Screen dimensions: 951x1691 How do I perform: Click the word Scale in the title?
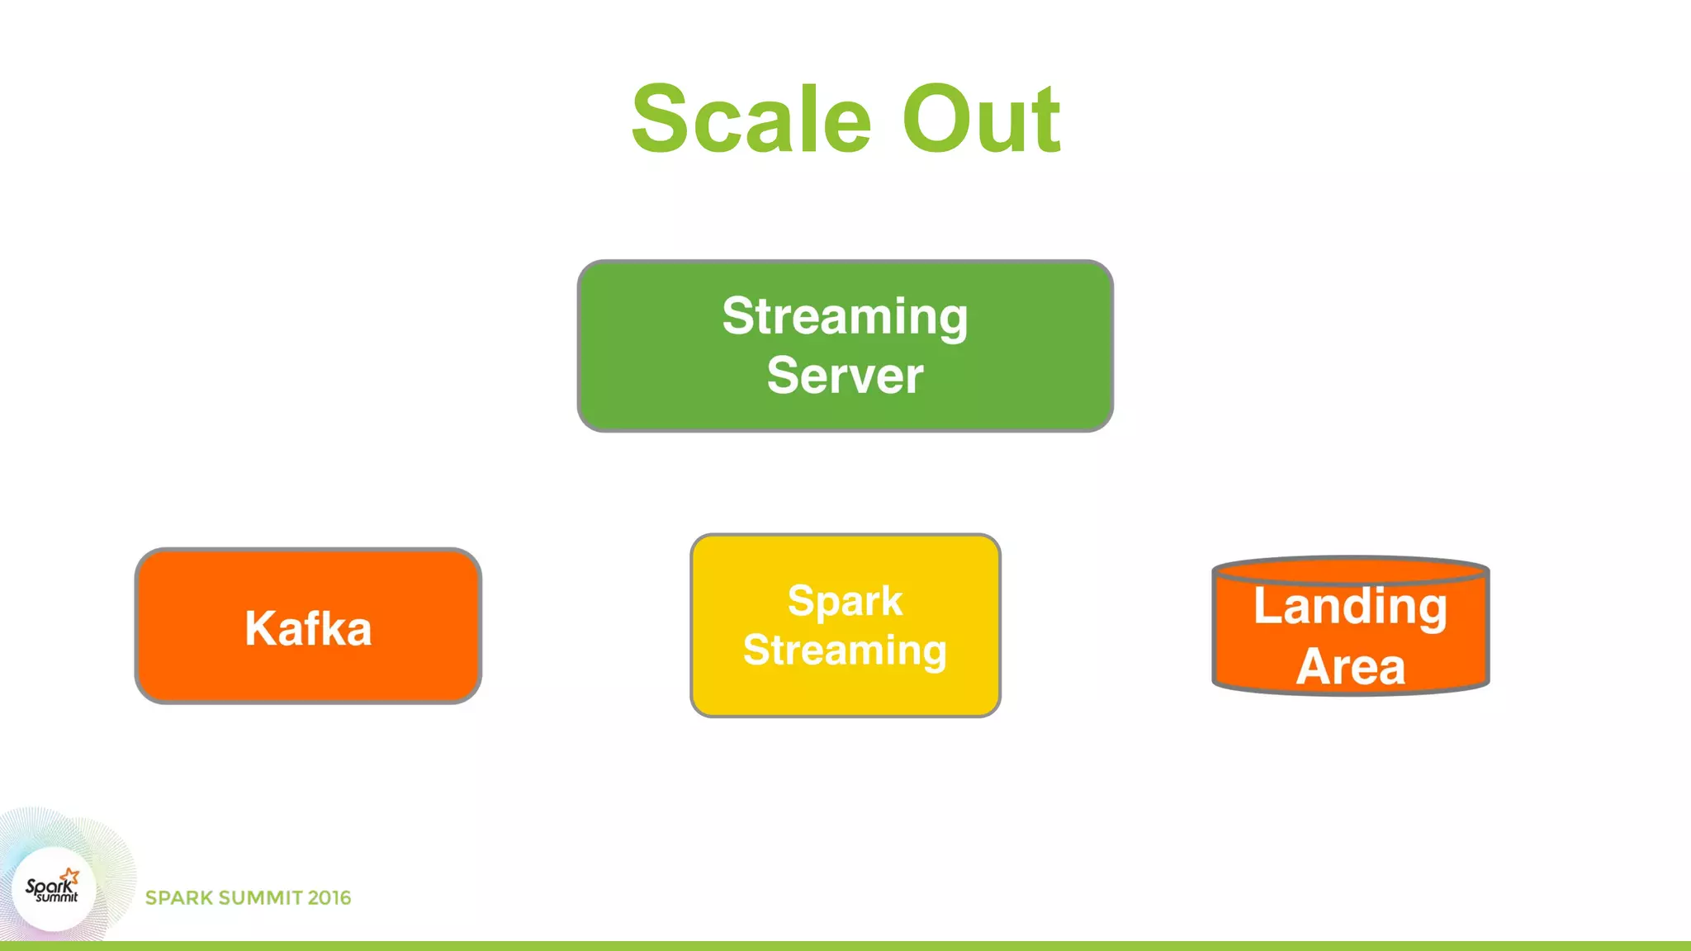point(751,120)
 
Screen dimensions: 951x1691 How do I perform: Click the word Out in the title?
point(980,120)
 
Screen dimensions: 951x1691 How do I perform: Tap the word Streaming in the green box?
point(845,316)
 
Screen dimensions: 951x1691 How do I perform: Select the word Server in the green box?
point(845,376)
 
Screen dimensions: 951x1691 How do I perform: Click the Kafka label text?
point(308,628)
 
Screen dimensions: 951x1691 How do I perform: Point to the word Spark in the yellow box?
point(845,600)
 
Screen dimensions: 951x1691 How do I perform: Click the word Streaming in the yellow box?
point(845,650)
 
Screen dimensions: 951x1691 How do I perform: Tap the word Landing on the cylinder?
point(1350,607)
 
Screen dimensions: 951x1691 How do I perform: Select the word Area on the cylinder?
point(1350,666)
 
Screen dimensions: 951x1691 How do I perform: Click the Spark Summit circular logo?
point(54,890)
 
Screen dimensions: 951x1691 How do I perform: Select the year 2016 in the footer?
point(329,898)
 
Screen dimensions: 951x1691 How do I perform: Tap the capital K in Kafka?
point(259,628)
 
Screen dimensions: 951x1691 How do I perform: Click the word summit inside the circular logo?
point(57,897)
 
